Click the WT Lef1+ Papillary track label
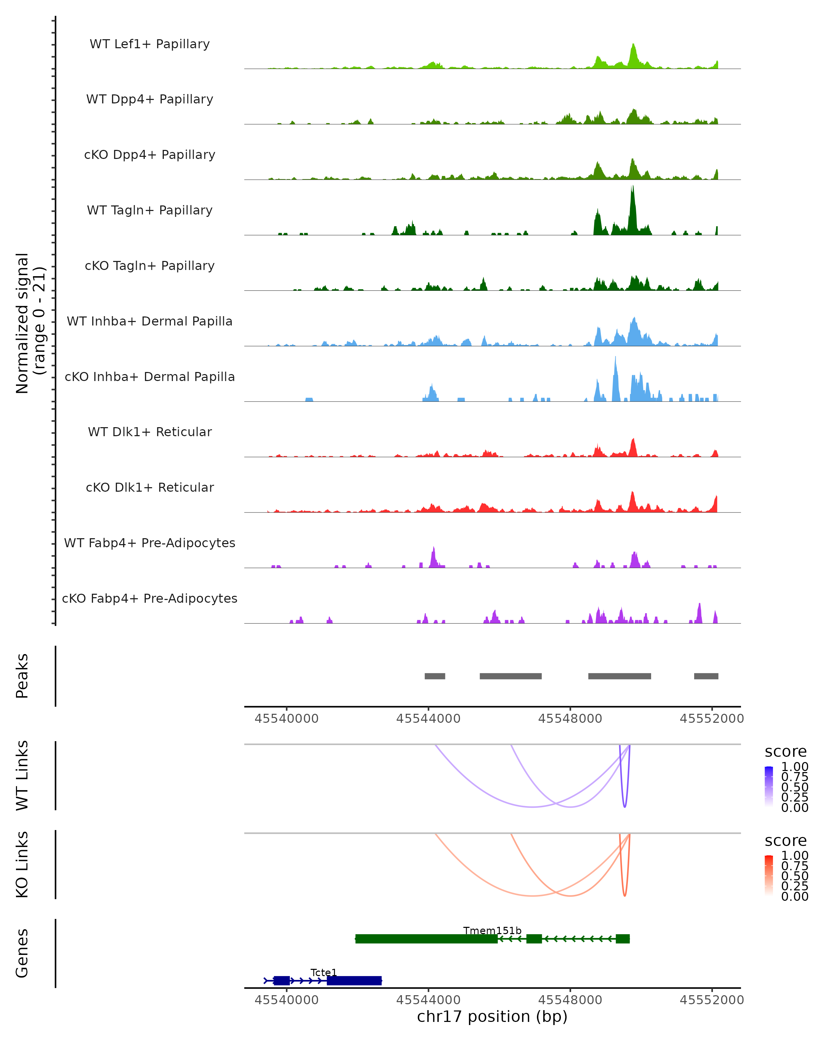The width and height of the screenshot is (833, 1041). (150, 44)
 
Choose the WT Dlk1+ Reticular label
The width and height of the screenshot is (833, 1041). (150, 432)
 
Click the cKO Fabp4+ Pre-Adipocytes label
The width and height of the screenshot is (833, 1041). (150, 598)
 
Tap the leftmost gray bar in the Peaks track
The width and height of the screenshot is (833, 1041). (435, 676)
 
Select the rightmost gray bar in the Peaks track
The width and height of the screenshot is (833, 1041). (706, 676)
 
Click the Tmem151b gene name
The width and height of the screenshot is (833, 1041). (492, 930)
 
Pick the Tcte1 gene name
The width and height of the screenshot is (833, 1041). (323, 972)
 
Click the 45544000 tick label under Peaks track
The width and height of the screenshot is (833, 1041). (428, 719)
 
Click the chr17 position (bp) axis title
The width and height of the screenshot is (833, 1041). (492, 1017)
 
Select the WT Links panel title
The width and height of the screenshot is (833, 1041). (22, 776)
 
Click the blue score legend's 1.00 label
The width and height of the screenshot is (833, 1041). (794, 767)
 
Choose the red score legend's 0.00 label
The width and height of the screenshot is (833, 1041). (794, 897)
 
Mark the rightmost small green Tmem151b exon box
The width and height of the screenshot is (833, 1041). (622, 939)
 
